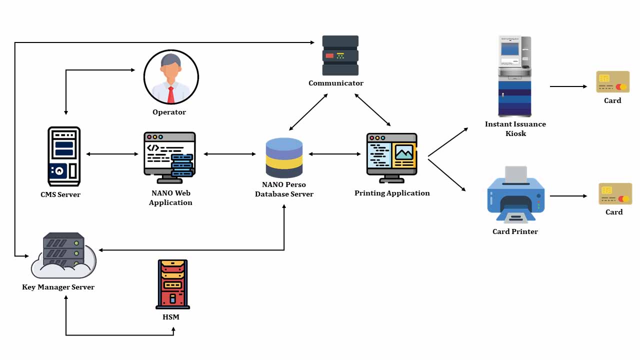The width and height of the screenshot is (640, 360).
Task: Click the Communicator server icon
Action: (340, 55)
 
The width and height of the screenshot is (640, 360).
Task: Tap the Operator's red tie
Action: (171, 94)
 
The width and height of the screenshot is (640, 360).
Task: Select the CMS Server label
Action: (60, 194)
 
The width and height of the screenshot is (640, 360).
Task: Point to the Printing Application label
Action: (392, 193)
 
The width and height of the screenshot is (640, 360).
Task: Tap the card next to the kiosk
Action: (612, 82)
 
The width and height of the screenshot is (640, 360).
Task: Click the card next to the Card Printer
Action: (615, 194)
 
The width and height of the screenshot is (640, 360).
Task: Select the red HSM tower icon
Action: (172, 283)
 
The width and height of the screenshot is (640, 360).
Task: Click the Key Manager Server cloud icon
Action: (63, 256)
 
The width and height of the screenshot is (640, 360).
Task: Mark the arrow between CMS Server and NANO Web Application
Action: (112, 154)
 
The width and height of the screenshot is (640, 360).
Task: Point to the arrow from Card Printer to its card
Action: (568, 196)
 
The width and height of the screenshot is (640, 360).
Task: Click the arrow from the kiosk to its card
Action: (568, 86)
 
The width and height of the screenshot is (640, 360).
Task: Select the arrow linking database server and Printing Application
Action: (334, 154)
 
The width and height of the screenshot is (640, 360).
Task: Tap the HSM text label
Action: (170, 317)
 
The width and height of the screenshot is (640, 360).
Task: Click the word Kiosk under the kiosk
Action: (515, 133)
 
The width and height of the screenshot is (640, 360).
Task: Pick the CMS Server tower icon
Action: (64, 156)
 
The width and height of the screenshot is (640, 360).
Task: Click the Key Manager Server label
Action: (58, 287)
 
